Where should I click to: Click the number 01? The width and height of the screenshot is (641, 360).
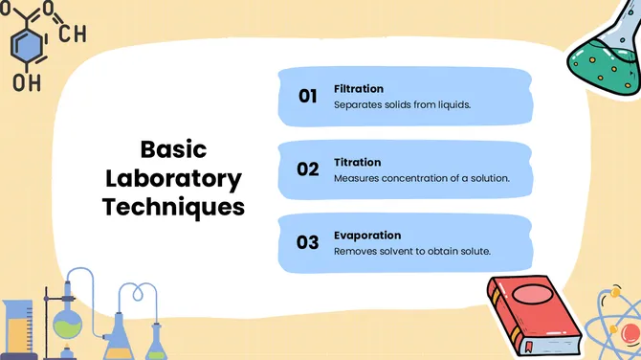(x=307, y=96)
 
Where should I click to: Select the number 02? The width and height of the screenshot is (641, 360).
(x=307, y=169)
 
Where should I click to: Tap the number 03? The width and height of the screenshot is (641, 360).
(x=307, y=242)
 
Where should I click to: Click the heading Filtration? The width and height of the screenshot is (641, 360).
(x=359, y=89)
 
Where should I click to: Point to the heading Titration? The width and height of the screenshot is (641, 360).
(x=357, y=163)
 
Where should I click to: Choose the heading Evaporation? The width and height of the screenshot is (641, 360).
(x=367, y=236)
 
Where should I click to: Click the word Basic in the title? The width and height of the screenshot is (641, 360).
(x=173, y=150)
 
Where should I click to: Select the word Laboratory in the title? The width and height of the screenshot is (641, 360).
(x=173, y=178)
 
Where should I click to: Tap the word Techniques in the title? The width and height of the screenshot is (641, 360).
(x=173, y=207)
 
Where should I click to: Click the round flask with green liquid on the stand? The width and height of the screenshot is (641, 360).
(x=66, y=323)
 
